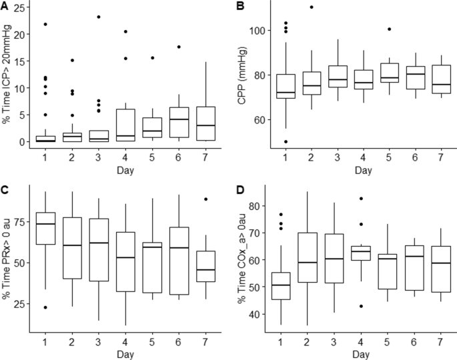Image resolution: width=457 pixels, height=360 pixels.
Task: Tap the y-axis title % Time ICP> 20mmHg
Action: point(8,75)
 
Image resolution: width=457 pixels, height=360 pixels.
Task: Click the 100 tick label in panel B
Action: point(260,31)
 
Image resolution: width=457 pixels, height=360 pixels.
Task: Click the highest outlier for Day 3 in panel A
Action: point(99,17)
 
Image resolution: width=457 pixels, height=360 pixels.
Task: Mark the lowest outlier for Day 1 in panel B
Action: point(285,141)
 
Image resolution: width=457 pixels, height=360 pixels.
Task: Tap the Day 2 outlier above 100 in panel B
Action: point(312,7)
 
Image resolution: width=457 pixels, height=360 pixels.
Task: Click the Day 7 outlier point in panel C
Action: point(206,199)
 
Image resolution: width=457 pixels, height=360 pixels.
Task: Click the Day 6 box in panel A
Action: point(179,122)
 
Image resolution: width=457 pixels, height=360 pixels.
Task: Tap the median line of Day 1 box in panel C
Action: point(46,224)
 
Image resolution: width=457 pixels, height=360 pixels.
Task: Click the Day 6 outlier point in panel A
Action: point(179,47)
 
